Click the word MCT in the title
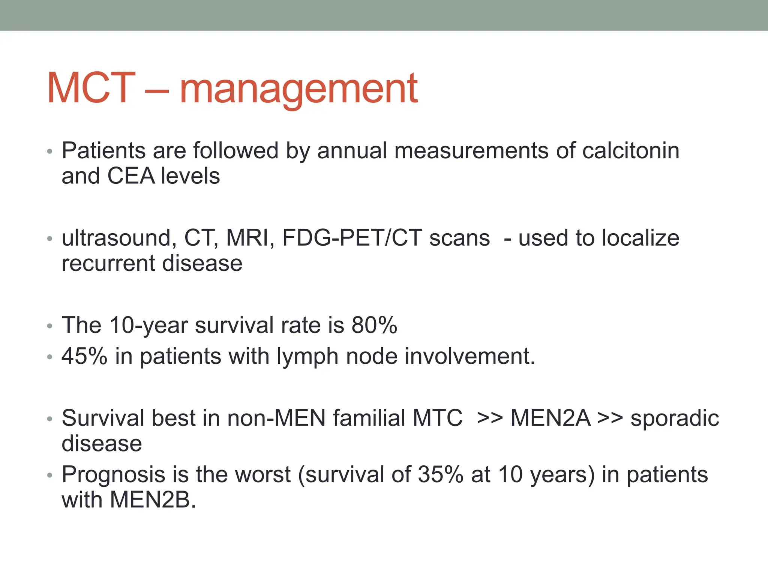(91, 88)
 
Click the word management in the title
(298, 89)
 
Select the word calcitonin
(631, 151)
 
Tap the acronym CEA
(130, 176)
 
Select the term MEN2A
(550, 418)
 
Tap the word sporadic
(675, 418)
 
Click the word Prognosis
(113, 475)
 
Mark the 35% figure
(441, 474)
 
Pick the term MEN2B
(153, 499)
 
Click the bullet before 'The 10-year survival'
(50, 326)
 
